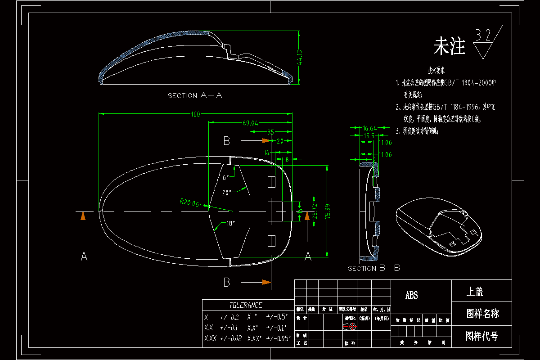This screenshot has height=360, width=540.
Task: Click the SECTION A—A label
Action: pos(195,95)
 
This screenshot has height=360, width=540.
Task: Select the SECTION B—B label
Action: pos(374,268)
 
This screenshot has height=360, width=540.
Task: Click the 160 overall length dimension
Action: pos(195,114)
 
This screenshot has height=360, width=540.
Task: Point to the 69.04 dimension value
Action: pos(250,123)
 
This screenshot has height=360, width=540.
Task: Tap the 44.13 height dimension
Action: pos(300,58)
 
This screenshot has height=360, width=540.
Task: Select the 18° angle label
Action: pos(231,224)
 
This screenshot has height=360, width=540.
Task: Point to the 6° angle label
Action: pos(225,177)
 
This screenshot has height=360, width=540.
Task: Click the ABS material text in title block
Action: pos(412,295)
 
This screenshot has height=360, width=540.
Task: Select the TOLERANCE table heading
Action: pos(245,305)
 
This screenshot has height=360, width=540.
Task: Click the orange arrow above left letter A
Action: pos(83,216)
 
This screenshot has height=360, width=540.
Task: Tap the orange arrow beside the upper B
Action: pos(266,141)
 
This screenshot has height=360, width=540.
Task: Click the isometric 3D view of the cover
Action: pos(438,227)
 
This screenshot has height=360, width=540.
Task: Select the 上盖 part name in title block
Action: pos(475,292)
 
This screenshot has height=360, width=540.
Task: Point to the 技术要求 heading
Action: pos(436,71)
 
